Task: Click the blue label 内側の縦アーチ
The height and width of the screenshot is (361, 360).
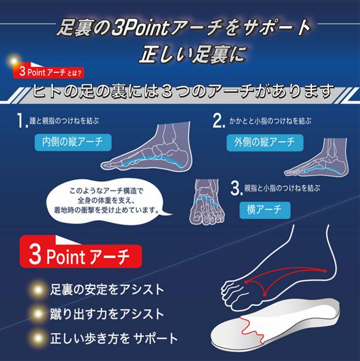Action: tap(73, 142)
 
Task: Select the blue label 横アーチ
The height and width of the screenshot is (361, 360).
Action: tap(264, 210)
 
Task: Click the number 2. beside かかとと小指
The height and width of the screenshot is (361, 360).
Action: tap(218, 120)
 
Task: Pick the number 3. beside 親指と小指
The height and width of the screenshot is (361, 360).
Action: tap(236, 189)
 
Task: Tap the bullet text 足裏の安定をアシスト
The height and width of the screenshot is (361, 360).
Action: tap(106, 289)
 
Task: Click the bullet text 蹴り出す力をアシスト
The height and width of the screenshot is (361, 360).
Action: tap(106, 314)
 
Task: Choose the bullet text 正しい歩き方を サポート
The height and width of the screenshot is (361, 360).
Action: tap(114, 338)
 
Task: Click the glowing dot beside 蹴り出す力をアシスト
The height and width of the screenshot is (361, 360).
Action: tap(37, 314)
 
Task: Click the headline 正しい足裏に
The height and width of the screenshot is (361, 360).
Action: tap(191, 54)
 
